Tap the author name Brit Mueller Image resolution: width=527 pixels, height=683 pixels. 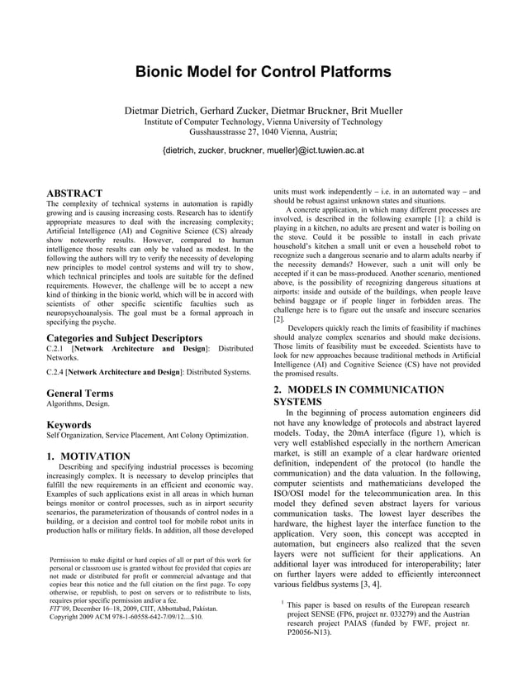pyautogui.click(x=373, y=110)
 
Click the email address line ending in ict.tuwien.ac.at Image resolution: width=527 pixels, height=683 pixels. pyautogui.click(x=263, y=150)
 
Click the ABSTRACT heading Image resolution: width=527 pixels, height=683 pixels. pyautogui.click(x=74, y=193)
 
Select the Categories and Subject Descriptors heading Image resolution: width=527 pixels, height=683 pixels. pyautogui.click(x=125, y=337)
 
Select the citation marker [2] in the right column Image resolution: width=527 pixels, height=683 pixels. pyautogui.click(x=278, y=318)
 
